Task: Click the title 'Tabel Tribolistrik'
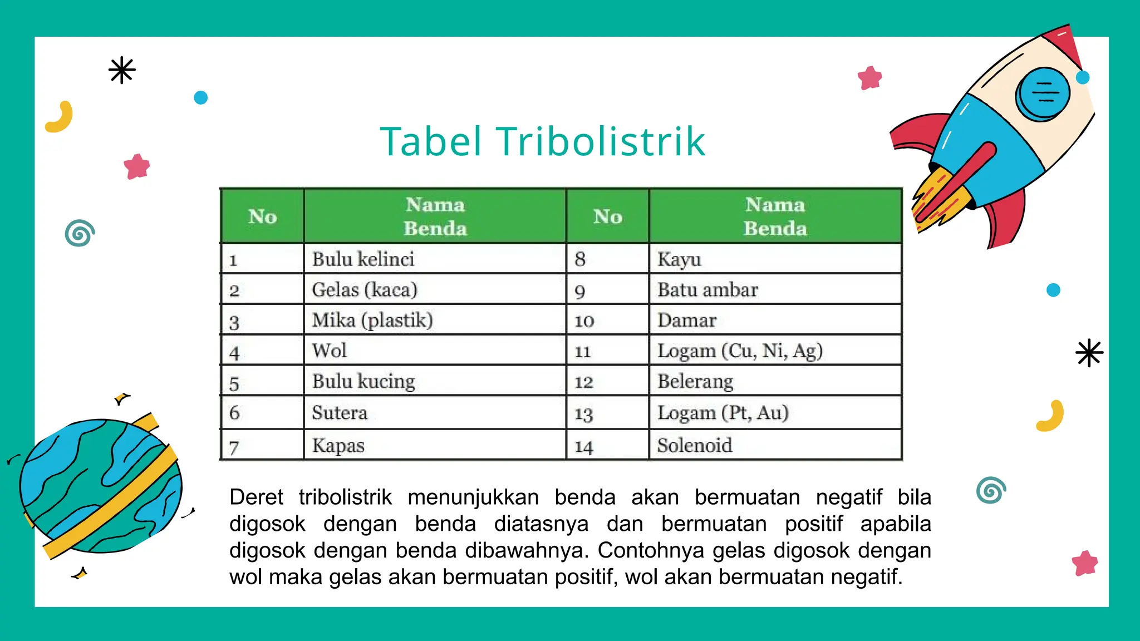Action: tap(543, 141)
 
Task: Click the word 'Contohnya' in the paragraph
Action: tap(646, 550)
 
